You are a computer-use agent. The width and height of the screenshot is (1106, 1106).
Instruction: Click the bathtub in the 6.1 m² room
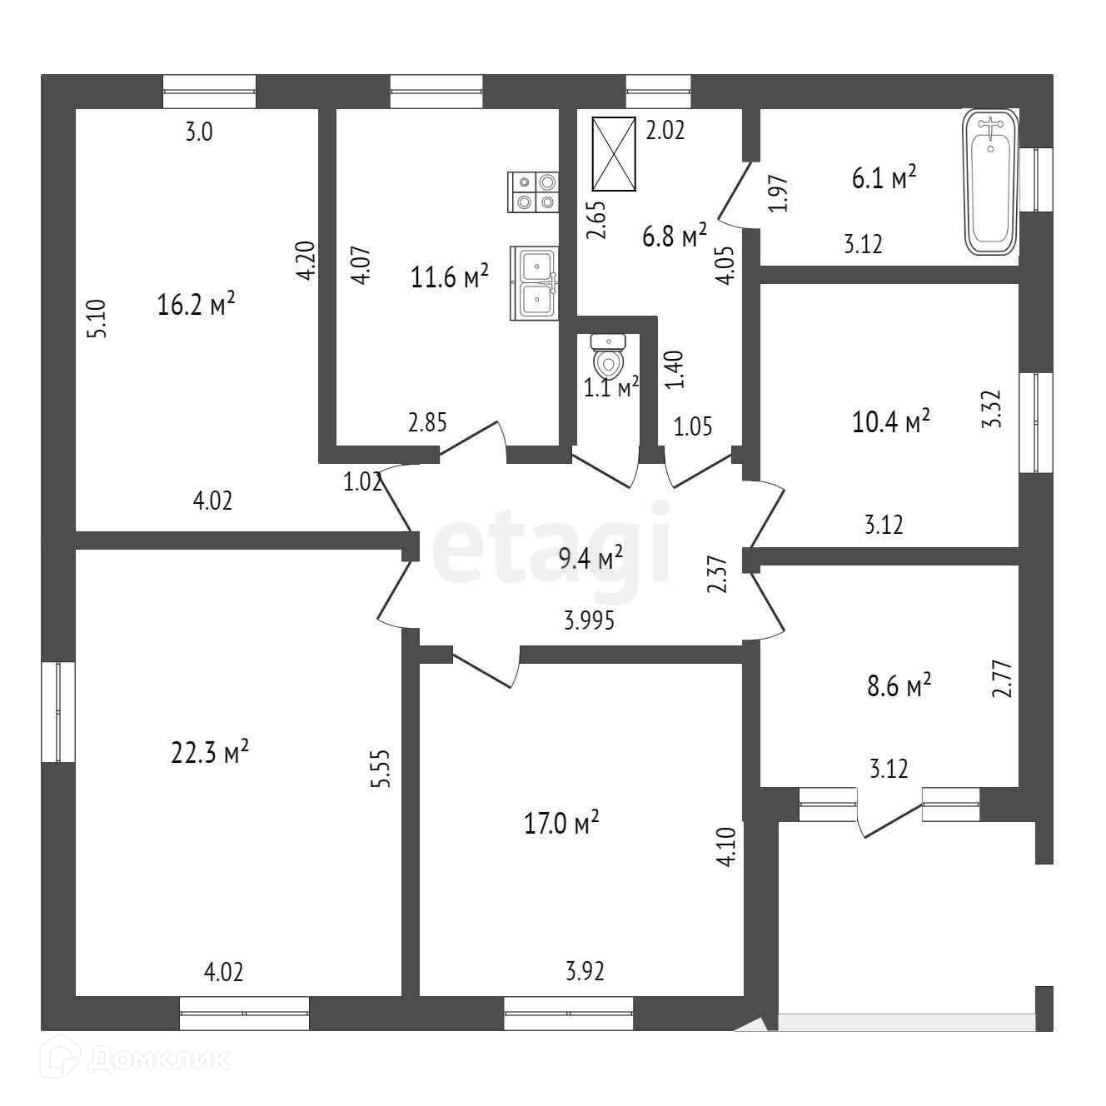[991, 183]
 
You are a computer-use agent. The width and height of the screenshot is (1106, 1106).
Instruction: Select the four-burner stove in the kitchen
[534, 191]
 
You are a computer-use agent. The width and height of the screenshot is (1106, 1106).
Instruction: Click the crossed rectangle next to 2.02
[615, 154]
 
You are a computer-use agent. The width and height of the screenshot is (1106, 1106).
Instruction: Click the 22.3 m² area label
[210, 753]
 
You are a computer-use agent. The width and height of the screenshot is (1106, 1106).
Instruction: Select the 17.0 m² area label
[561, 825]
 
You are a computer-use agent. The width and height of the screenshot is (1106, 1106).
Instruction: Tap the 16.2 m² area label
[196, 305]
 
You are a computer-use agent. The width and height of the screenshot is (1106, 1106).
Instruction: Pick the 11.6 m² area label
[450, 277]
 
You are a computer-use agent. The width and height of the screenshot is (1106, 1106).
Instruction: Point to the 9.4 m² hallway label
[591, 558]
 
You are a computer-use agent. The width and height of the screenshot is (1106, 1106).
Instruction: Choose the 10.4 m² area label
[890, 422]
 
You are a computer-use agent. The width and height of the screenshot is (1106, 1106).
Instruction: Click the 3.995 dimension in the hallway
[589, 621]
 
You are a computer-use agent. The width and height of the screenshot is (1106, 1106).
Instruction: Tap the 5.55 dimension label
[381, 770]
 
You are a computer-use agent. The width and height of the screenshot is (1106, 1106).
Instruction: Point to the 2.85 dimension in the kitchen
[427, 423]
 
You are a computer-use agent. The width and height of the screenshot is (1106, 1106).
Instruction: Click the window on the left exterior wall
[58, 711]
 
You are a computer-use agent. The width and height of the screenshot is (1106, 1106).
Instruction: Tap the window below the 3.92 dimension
[568, 1013]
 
